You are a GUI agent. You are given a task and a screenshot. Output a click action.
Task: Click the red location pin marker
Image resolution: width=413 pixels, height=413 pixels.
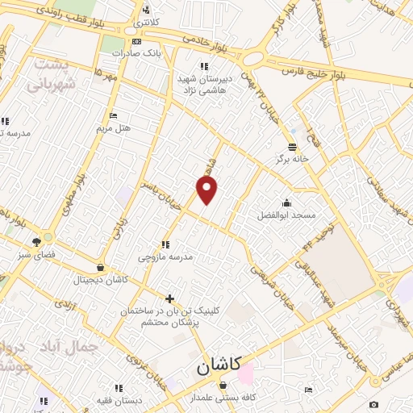pos(207,191)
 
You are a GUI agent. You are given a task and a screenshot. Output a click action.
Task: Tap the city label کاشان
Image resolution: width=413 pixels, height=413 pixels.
pos(219,366)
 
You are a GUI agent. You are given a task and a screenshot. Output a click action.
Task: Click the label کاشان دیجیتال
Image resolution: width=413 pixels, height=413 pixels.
pos(99,280)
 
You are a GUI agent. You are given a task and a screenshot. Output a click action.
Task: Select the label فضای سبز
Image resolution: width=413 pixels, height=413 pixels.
pos(37,253)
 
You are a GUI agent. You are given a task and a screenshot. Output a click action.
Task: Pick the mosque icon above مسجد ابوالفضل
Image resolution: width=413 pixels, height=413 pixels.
pos(286,202)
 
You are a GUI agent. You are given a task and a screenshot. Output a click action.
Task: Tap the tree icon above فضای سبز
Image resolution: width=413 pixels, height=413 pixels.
pos(37,240)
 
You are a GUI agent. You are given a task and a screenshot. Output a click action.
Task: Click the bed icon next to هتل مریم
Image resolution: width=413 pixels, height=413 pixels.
pos(112,115)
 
